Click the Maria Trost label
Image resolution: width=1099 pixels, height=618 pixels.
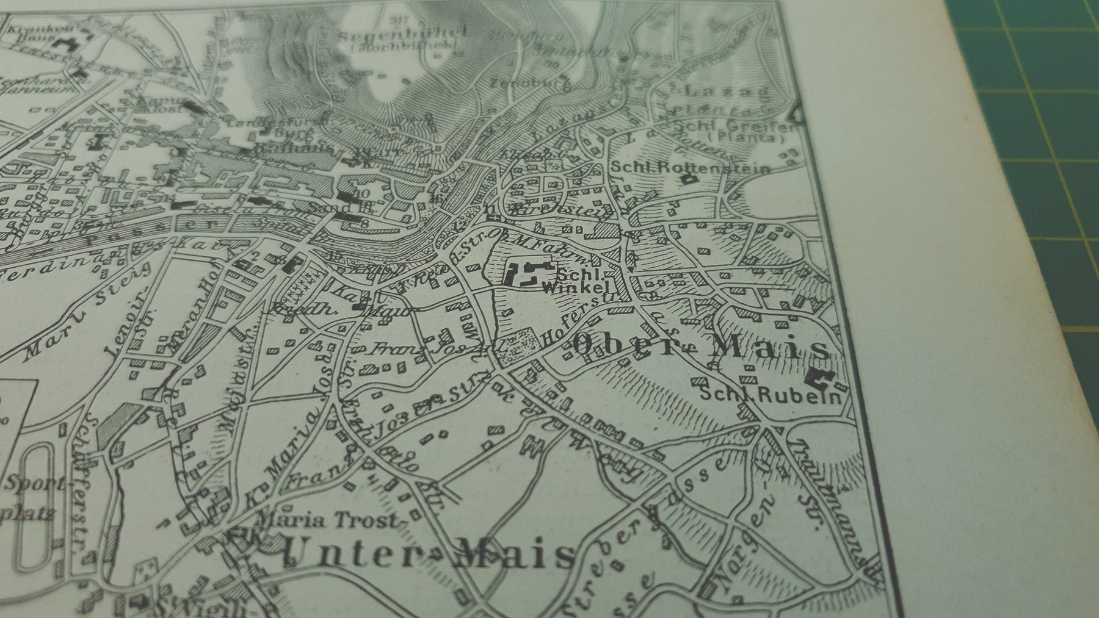(328, 520)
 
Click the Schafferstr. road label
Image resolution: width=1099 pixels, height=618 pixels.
(85, 488)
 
